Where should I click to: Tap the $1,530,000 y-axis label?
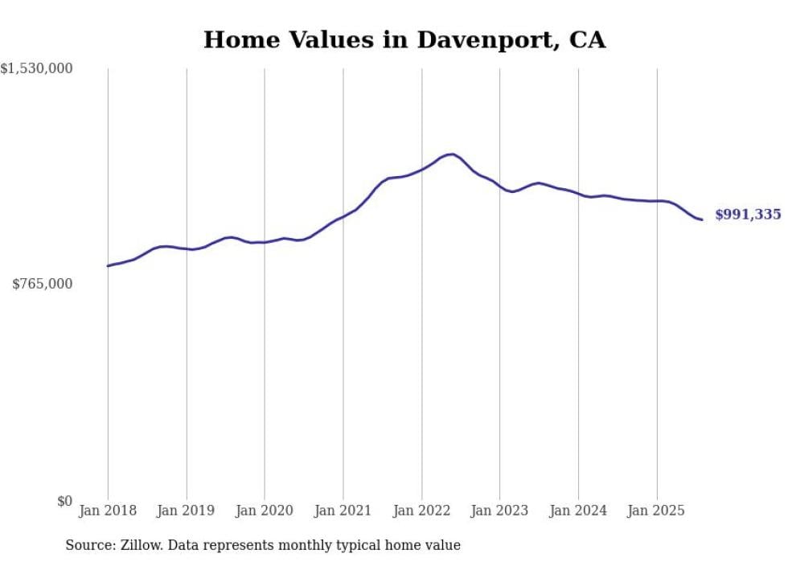click(x=36, y=69)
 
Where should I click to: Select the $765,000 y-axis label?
click(x=42, y=284)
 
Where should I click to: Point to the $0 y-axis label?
click(x=64, y=501)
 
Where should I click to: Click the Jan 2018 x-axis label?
click(x=108, y=511)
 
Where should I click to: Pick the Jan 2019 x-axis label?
click(x=187, y=511)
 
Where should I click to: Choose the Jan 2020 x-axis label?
click(x=265, y=511)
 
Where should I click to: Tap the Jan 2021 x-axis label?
click(x=343, y=511)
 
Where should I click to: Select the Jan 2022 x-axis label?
click(x=421, y=511)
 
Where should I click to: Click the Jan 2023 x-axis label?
click(x=499, y=511)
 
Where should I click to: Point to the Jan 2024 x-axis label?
click(x=578, y=511)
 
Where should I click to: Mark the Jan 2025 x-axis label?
click(x=657, y=511)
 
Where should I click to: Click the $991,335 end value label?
click(x=748, y=215)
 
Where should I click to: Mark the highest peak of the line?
click(x=453, y=154)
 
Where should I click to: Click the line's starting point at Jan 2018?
click(x=108, y=265)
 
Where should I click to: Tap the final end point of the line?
click(x=702, y=219)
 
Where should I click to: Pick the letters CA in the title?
click(x=589, y=40)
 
